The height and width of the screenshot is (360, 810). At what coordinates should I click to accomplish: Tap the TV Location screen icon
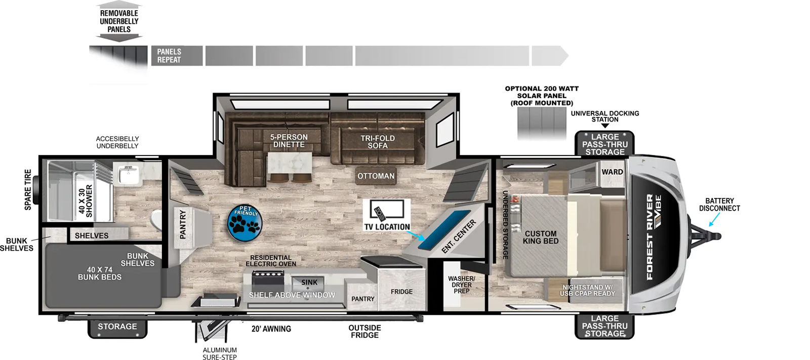coord(387,210)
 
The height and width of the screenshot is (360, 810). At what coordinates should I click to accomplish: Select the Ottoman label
coord(376,176)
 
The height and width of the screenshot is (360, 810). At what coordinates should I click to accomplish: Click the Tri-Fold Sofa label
coord(378,142)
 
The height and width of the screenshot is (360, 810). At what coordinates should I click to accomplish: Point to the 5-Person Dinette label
coord(289,141)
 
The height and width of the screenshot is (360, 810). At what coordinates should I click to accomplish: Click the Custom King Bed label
coord(541,237)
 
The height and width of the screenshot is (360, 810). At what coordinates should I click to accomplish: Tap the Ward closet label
coord(612,172)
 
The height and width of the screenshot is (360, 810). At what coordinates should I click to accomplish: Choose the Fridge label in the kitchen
coord(401,292)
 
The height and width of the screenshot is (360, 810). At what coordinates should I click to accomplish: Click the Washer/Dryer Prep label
coord(461,285)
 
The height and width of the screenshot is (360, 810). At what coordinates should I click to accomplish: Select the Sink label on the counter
coord(309,282)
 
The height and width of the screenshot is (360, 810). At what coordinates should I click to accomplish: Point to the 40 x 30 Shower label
coord(86,201)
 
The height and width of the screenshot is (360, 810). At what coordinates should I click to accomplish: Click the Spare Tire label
coord(28,189)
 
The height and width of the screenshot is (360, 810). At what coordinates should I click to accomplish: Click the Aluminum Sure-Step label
coord(220,353)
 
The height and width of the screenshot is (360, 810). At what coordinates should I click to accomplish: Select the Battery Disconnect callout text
coord(719,205)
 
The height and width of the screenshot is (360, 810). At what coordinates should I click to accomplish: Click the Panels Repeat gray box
coord(177,56)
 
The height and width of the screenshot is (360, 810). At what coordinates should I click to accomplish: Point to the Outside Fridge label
coord(364,332)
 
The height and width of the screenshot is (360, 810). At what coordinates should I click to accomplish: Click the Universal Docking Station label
coord(605,116)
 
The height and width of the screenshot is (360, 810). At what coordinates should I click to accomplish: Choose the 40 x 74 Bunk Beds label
coord(99,273)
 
